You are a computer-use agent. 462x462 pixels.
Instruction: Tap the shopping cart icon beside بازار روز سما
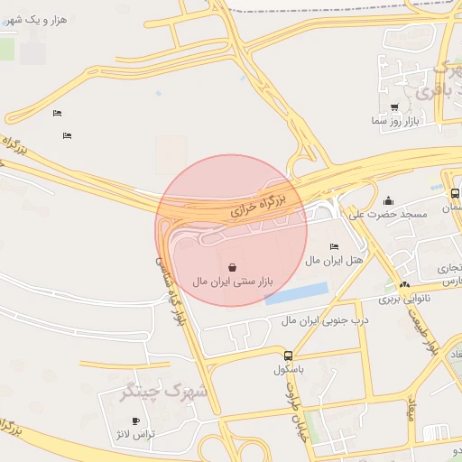coord(395,107)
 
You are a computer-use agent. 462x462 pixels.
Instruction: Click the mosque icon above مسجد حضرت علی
coord(388,201)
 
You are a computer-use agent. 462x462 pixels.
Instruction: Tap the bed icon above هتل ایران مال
coord(334,247)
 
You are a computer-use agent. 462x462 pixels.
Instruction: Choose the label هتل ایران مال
coord(333,260)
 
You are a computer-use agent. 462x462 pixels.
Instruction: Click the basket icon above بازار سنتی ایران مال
coord(232,268)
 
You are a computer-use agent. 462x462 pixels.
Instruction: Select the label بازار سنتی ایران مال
coord(232,282)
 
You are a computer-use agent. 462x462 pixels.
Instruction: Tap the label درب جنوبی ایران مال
coord(313,320)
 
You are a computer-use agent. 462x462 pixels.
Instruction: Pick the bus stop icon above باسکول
coord(288,356)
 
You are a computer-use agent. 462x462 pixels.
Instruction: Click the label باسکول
coord(288,370)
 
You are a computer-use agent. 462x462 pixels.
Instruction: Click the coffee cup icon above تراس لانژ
coord(135,421)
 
